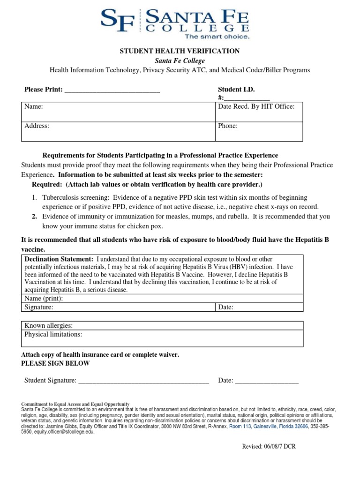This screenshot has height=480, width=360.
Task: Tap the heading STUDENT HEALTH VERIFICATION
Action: tap(180, 51)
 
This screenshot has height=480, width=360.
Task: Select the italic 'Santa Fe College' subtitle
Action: tap(180, 61)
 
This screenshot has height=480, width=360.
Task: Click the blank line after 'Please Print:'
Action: tap(112, 90)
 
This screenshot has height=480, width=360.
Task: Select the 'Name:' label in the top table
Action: tap(34, 107)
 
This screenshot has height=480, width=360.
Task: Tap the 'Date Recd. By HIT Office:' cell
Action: tap(256, 107)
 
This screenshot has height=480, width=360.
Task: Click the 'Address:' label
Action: tap(37, 126)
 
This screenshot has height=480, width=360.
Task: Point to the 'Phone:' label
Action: tap(228, 126)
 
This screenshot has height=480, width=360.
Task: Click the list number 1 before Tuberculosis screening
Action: tap(34, 198)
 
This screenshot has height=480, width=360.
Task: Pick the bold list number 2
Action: tap(34, 217)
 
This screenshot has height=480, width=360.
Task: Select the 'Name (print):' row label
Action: tap(44, 299)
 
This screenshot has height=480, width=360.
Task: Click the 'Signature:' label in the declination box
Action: tap(39, 307)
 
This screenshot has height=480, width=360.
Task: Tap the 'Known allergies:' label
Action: tap(48, 326)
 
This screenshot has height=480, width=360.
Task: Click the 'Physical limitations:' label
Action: tap(53, 335)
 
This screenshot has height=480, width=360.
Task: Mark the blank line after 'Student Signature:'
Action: tap(143, 381)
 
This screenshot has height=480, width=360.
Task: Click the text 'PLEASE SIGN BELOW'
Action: tap(56, 364)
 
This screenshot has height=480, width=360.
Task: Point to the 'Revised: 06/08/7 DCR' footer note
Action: tap(269, 447)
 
